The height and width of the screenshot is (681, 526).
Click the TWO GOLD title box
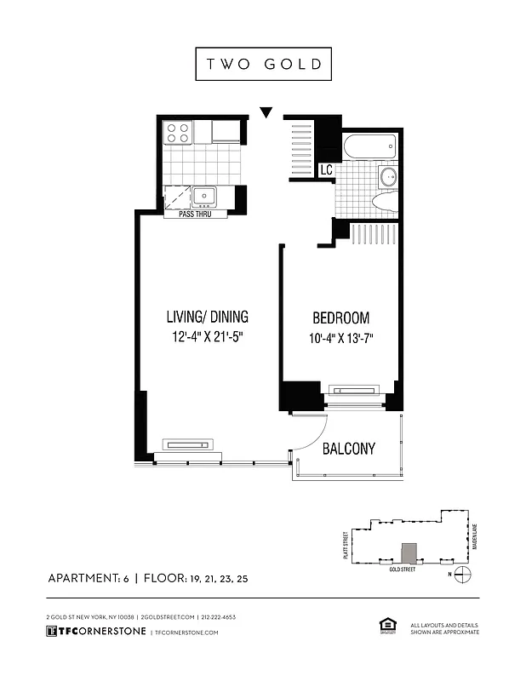click(263, 64)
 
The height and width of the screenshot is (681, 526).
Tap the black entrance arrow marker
click(266, 112)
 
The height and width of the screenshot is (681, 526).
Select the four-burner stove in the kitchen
click(177, 132)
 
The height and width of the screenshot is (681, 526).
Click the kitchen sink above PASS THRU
click(204, 197)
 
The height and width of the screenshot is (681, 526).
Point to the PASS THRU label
click(197, 214)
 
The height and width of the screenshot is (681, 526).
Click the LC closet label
click(326, 171)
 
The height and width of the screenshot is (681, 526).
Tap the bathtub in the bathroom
click(370, 147)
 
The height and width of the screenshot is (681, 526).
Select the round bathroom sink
click(387, 177)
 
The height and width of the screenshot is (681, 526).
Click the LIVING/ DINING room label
click(208, 318)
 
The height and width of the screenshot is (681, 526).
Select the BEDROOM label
click(340, 318)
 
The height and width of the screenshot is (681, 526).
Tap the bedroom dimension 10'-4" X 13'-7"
click(340, 338)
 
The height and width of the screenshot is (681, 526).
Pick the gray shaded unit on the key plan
click(409, 552)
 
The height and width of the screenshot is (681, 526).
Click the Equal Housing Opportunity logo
click(385, 627)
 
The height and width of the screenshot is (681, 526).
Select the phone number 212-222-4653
click(219, 616)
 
